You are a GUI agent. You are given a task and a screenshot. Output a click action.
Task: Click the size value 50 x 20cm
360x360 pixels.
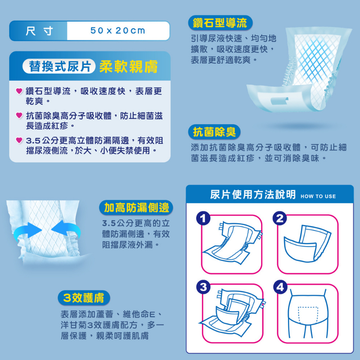[x=118, y=31]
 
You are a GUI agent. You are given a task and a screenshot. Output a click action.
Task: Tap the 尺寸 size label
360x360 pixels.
[x=39, y=31]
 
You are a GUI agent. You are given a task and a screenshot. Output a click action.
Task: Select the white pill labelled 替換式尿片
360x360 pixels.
[x=59, y=66]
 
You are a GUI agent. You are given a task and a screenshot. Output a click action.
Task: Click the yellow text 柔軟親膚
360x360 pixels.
[x=129, y=67]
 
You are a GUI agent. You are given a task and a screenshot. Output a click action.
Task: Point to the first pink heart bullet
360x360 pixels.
[x=19, y=91]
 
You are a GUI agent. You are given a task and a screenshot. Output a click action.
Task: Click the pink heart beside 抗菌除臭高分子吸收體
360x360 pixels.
[x=19, y=115]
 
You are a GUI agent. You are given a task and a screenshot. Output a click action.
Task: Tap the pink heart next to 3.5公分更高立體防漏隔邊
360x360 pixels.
[x=19, y=140]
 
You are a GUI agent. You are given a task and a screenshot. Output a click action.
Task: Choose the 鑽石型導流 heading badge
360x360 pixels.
[x=220, y=23]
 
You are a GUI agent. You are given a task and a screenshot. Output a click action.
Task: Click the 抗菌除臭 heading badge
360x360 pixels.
[x=214, y=132]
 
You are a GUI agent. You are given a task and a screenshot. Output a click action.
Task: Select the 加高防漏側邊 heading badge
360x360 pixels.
[x=136, y=207]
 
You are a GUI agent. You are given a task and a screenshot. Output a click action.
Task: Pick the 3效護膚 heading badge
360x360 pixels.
[x=84, y=298]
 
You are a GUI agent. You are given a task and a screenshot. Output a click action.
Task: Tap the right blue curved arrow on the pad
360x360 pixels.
[x=66, y=229]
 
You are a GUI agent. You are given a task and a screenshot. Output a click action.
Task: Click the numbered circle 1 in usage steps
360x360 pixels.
[x=203, y=218]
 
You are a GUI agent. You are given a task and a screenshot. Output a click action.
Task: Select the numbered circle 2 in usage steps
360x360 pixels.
[x=279, y=218]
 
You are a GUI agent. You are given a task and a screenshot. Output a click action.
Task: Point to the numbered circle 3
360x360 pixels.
[x=203, y=287]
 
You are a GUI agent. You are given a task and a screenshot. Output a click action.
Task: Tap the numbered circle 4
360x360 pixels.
[x=280, y=287]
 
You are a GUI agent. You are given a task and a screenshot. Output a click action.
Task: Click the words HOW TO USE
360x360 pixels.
[x=318, y=196]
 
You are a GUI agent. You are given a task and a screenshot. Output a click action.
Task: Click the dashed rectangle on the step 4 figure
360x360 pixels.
[x=308, y=307]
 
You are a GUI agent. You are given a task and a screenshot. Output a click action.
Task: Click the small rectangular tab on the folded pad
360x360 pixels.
[x=279, y=100]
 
